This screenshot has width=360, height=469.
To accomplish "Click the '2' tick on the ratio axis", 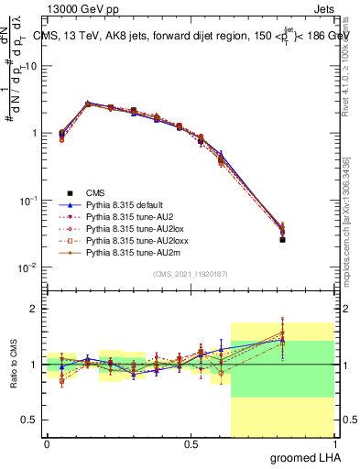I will tap(34, 309).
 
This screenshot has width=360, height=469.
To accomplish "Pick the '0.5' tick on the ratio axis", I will tap(30, 420).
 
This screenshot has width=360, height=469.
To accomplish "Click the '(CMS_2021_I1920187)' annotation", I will tap(191, 273).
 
